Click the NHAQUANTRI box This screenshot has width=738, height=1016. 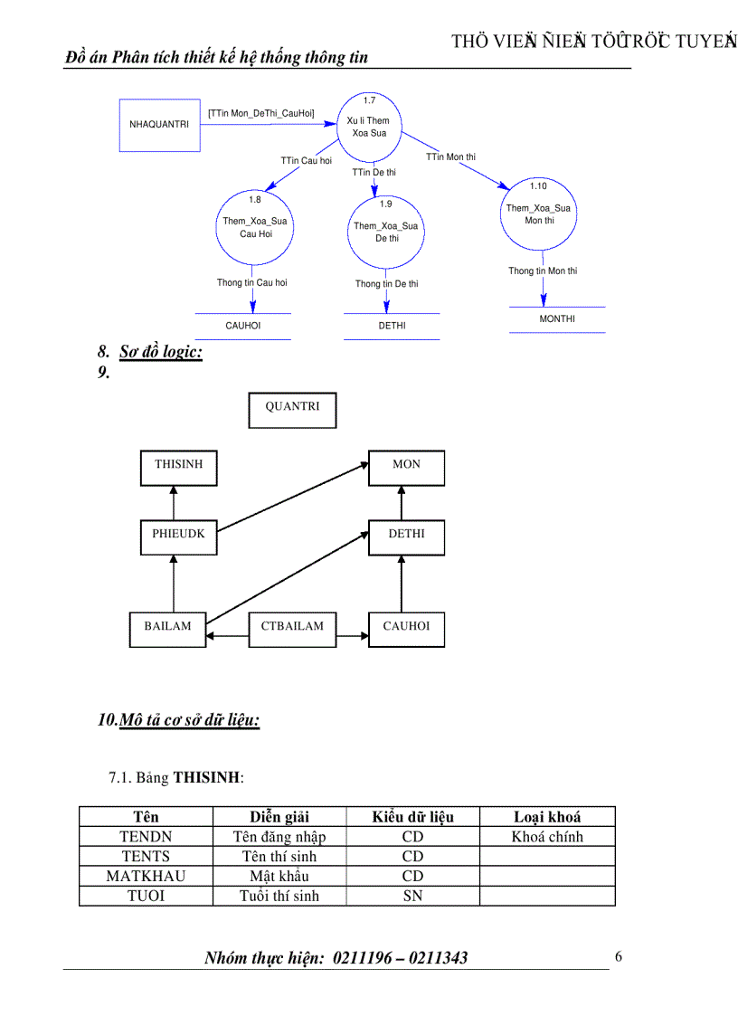(x=159, y=125)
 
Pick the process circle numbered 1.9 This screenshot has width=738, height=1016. (x=386, y=232)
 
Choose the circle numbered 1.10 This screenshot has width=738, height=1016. (x=539, y=214)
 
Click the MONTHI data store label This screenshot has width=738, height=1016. (x=557, y=319)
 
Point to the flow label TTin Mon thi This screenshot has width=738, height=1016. (x=450, y=157)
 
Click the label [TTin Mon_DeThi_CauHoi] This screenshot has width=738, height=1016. (x=260, y=113)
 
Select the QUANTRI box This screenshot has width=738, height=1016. (x=292, y=409)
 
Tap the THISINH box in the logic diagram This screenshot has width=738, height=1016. (x=179, y=466)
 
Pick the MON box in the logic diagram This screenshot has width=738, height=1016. (x=406, y=466)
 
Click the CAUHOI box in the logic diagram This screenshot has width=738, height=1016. (x=406, y=627)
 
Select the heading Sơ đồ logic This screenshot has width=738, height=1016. (x=161, y=352)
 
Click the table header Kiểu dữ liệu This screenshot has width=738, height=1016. (x=412, y=817)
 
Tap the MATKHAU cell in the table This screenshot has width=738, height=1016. (x=146, y=876)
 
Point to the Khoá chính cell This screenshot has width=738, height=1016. (x=547, y=837)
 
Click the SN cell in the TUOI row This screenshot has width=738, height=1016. (x=412, y=896)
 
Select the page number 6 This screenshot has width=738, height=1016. (x=619, y=957)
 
